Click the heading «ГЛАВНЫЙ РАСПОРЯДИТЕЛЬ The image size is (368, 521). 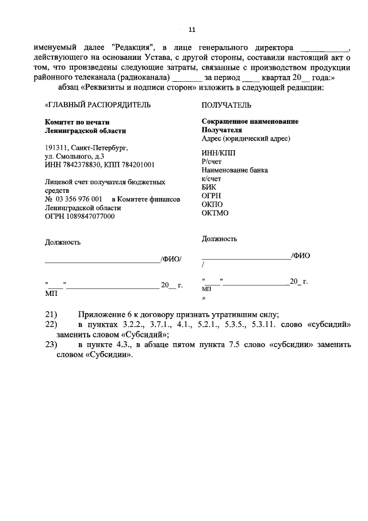coord(98,105)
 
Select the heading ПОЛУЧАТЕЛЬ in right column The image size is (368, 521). coord(227,105)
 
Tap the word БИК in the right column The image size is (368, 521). coord(209,187)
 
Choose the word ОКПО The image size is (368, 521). coord(212,204)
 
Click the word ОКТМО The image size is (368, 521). coord(215,212)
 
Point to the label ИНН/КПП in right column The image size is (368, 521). coord(218,152)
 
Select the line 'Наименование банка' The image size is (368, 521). coord(235,170)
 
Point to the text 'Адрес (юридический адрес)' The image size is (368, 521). coord(246,139)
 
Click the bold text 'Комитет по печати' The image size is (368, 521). coord(77,123)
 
